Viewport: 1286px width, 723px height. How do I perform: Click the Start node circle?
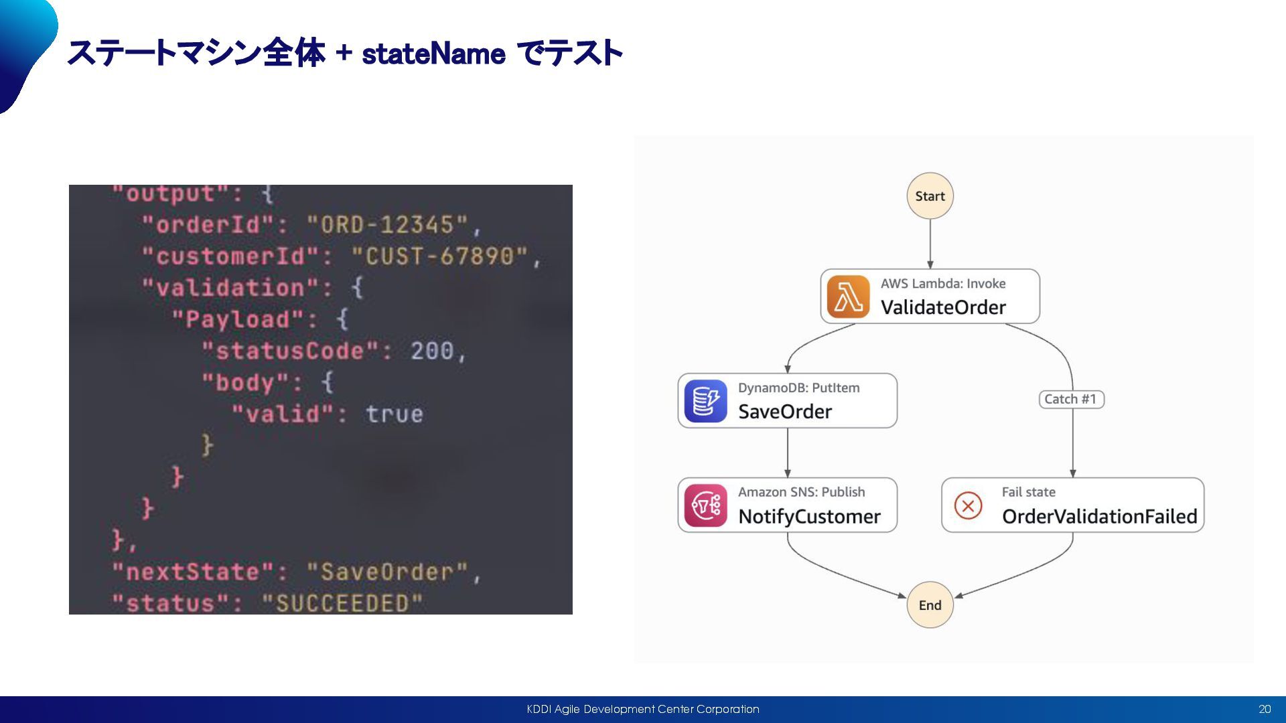click(930, 196)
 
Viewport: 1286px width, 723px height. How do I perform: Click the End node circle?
click(930, 605)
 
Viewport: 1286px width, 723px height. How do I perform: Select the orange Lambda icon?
click(848, 297)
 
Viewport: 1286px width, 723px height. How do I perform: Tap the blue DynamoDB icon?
click(705, 401)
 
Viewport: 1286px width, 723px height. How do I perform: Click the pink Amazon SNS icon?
click(705, 505)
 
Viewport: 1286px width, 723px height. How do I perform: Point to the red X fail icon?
click(968, 505)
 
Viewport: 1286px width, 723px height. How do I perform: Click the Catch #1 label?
click(1070, 400)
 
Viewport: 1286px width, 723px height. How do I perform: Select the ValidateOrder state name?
click(943, 307)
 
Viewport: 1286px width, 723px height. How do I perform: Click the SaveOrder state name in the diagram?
click(785, 412)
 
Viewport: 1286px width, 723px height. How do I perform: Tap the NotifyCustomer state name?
click(809, 517)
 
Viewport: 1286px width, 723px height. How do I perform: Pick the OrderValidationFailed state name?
click(1099, 517)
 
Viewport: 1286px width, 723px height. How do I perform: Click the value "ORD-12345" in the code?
click(387, 225)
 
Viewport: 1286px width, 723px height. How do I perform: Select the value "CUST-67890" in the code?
click(440, 256)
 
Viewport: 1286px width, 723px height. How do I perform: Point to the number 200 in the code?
click(432, 351)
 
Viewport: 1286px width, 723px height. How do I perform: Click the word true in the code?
click(395, 414)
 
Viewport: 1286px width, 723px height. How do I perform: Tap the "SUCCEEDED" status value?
click(342, 603)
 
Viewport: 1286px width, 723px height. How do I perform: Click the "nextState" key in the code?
click(194, 572)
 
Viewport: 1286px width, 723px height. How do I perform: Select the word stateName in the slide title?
click(433, 54)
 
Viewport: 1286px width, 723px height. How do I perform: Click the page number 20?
click(1265, 710)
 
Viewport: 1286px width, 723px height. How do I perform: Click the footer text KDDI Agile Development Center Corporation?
click(643, 710)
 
